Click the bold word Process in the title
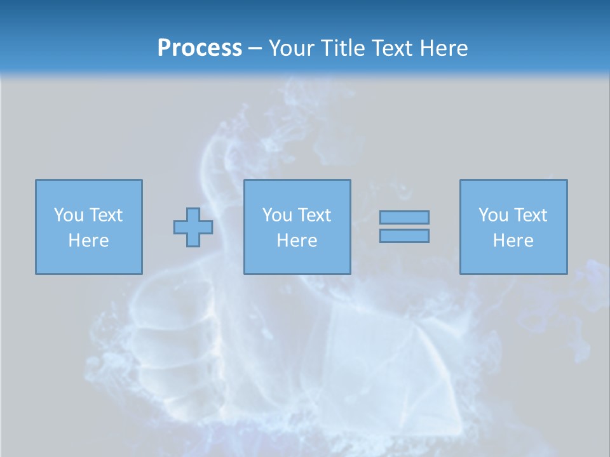pyautogui.click(x=200, y=48)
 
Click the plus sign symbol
pyautogui.click(x=193, y=227)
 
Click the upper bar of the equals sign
pyautogui.click(x=404, y=217)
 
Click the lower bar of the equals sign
pyautogui.click(x=404, y=235)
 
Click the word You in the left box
pyautogui.click(x=68, y=215)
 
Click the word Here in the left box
pyautogui.click(x=88, y=241)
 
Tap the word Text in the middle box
pyautogui.click(x=314, y=215)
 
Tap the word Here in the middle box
pyautogui.click(x=297, y=241)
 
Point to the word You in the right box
pyautogui.click(x=492, y=215)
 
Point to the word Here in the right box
pyautogui.click(x=513, y=241)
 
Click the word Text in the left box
pyautogui.click(x=105, y=215)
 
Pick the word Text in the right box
pyautogui.click(x=530, y=215)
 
